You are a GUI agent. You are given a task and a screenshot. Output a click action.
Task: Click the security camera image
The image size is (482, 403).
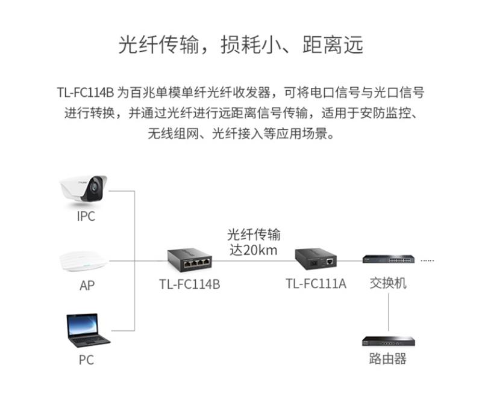(x=83, y=188)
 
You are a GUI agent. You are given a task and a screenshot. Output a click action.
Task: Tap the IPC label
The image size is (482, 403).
(x=86, y=217)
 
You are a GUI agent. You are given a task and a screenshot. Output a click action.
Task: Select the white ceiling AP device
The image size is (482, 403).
(x=84, y=262)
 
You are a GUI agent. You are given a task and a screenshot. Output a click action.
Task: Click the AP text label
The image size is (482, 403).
(x=87, y=286)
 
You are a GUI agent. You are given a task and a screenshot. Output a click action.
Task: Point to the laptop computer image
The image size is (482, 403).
(x=87, y=330)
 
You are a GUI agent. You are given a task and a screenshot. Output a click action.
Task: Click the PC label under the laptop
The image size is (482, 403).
(x=86, y=360)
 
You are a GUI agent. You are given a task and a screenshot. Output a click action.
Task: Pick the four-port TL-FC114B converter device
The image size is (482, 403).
(x=189, y=260)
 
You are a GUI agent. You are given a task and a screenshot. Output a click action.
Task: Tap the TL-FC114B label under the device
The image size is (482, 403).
(x=190, y=285)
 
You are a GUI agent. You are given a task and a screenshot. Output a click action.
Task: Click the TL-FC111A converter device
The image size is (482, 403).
(x=316, y=259)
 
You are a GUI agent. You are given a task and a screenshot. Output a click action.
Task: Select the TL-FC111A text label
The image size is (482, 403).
(x=316, y=284)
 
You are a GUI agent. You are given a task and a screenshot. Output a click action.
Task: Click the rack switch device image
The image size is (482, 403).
(x=389, y=259)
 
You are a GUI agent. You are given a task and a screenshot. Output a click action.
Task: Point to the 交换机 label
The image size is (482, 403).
(x=388, y=283)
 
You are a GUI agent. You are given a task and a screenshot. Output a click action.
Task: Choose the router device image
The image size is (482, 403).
(x=389, y=341)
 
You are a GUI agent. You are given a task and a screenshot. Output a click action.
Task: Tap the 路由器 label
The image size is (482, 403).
(x=388, y=358)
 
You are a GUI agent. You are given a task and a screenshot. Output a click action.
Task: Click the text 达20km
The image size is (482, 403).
(x=254, y=250)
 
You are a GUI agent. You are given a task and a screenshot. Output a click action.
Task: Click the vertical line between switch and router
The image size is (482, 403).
(x=388, y=312)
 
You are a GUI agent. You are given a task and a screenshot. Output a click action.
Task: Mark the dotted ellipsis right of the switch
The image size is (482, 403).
(x=427, y=260)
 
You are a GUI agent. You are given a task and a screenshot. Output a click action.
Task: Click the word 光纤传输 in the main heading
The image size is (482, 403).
(x=159, y=45)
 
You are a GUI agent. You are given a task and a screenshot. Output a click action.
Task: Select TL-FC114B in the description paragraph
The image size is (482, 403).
(x=86, y=93)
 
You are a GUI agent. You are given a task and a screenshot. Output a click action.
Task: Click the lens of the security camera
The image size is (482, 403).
(x=96, y=187)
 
